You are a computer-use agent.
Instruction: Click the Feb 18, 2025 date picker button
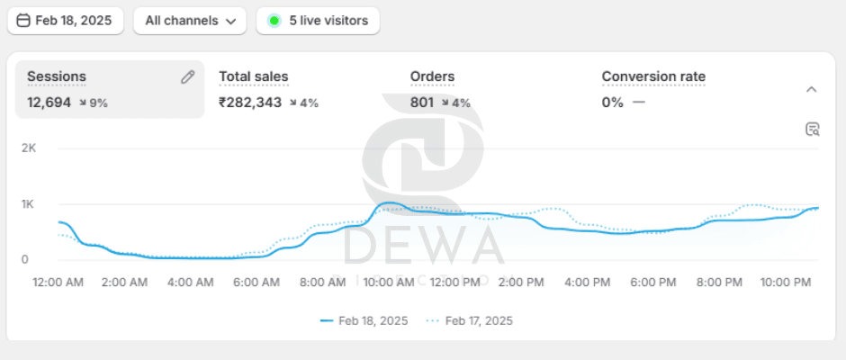[65, 21]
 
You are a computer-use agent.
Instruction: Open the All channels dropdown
[189, 21]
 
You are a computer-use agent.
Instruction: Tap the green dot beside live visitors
[274, 21]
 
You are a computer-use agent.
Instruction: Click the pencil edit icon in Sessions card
[187, 77]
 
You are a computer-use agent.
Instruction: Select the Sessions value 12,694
[49, 103]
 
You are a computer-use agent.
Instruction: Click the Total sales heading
[254, 77]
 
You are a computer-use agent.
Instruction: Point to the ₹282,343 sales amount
[250, 103]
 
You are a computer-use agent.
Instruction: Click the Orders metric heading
[432, 77]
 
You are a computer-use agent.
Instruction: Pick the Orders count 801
[422, 103]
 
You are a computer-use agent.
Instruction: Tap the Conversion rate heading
[653, 77]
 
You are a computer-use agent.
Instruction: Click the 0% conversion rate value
[612, 103]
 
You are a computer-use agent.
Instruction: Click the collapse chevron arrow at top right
[811, 89]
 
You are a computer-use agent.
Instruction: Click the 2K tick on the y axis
[28, 148]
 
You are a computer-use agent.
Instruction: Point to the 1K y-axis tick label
[28, 204]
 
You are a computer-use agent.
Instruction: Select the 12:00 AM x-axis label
[58, 283]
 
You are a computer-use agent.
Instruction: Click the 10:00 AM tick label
[389, 283]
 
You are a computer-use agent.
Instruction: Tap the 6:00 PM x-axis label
[653, 283]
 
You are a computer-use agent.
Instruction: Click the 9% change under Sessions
[94, 103]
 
